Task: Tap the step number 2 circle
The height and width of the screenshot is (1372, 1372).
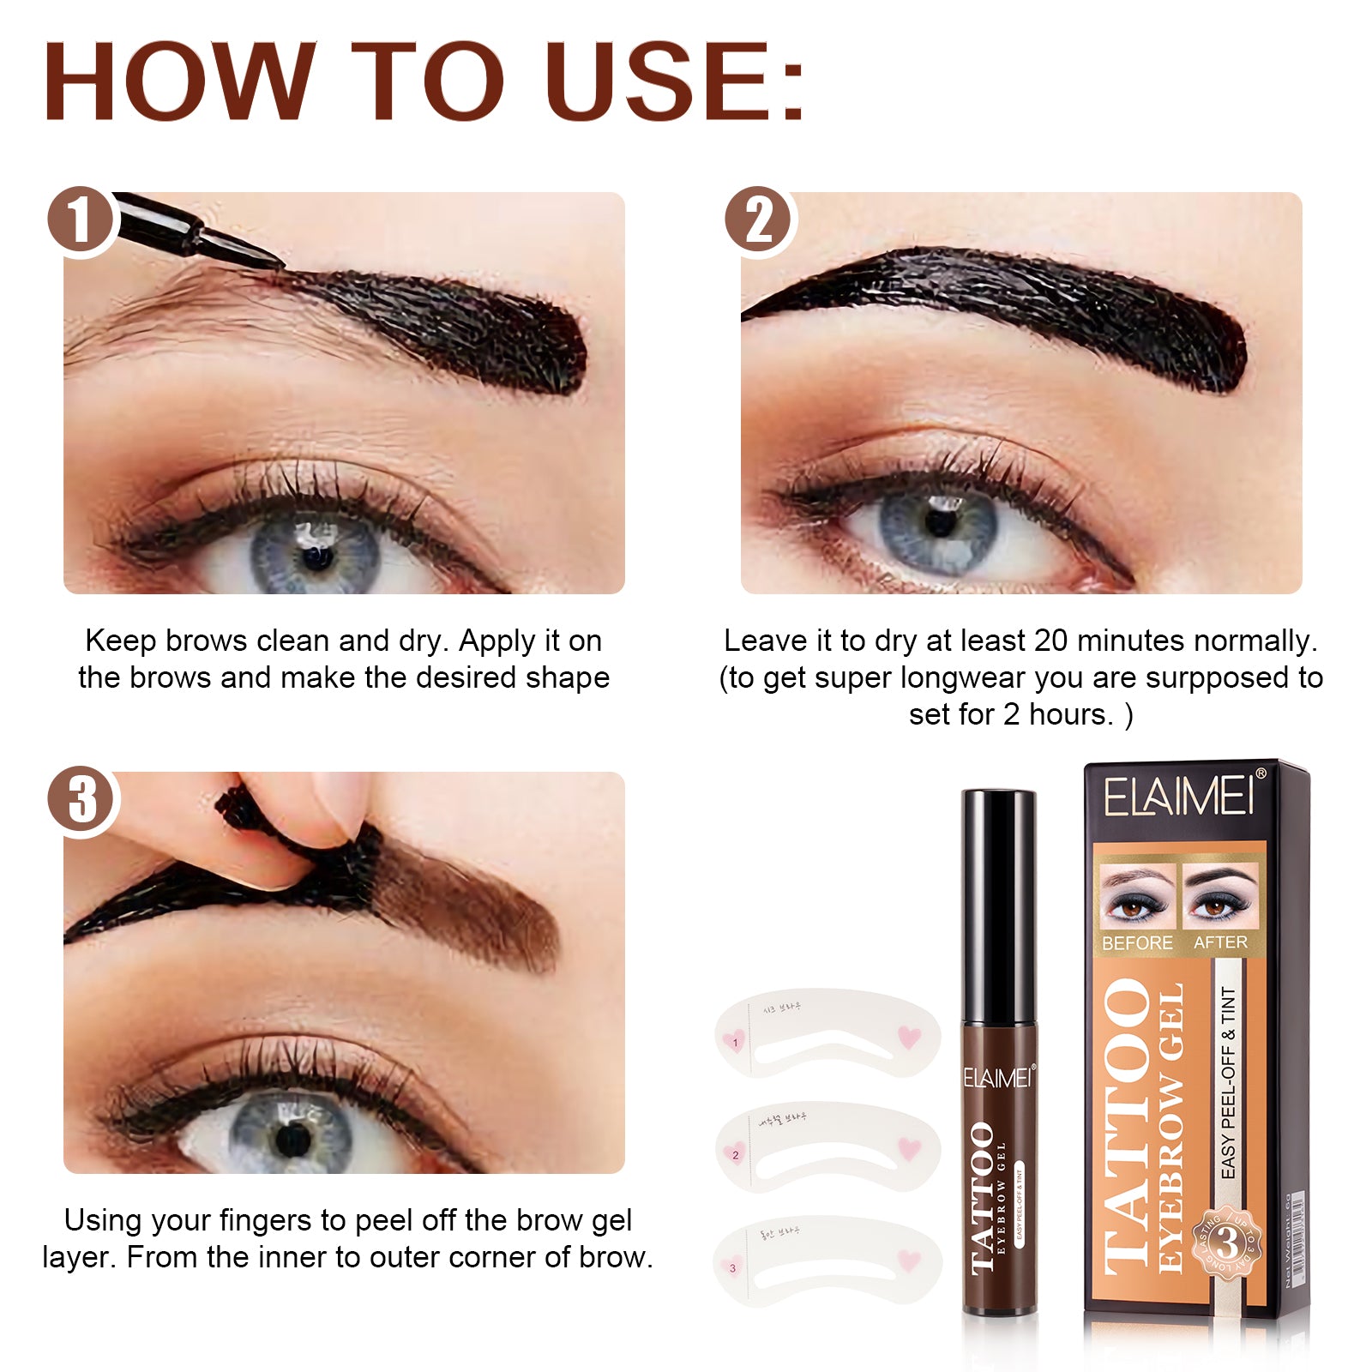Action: (758, 220)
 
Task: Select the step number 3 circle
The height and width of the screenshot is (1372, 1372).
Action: (81, 799)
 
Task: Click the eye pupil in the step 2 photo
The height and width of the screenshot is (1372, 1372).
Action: (941, 521)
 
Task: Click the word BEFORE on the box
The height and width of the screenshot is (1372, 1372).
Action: (1137, 943)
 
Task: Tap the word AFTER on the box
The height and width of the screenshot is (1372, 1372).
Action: (1220, 942)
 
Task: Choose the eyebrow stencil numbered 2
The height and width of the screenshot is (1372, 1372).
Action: (827, 1149)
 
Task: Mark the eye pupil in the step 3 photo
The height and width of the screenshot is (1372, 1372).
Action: (293, 1138)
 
